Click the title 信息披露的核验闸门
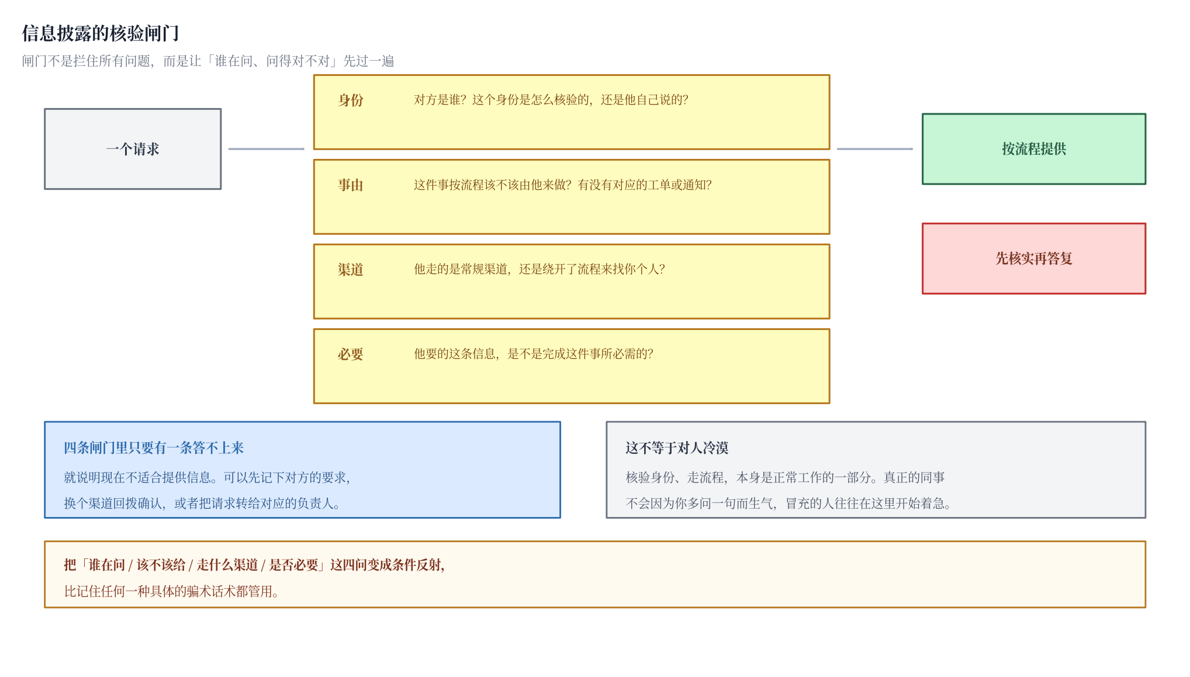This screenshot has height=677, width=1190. (x=101, y=33)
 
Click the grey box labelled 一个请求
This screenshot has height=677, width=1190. (x=133, y=149)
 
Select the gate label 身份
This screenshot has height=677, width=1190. (x=351, y=100)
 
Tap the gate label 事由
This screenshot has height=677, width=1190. (x=351, y=185)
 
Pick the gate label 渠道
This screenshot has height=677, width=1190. (x=351, y=269)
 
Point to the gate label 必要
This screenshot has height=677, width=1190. (x=351, y=354)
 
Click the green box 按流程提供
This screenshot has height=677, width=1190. (x=1034, y=149)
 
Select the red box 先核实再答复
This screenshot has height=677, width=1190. (x=1034, y=258)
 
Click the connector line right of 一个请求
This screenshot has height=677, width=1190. (x=266, y=149)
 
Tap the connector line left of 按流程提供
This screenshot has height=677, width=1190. (x=875, y=149)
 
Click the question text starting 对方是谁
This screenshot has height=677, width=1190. (x=551, y=100)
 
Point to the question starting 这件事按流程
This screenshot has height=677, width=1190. (x=563, y=185)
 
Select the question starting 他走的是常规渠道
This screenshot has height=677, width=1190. (x=539, y=269)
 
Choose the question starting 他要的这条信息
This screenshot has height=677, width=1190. (x=534, y=354)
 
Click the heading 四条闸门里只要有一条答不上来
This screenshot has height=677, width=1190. (x=154, y=448)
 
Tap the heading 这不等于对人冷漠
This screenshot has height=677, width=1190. (x=677, y=448)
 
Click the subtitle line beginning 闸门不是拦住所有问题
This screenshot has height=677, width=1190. (x=208, y=61)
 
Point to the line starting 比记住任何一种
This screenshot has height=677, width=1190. (x=171, y=591)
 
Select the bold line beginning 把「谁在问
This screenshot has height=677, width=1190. (x=254, y=565)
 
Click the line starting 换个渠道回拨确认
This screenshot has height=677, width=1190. (x=202, y=504)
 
